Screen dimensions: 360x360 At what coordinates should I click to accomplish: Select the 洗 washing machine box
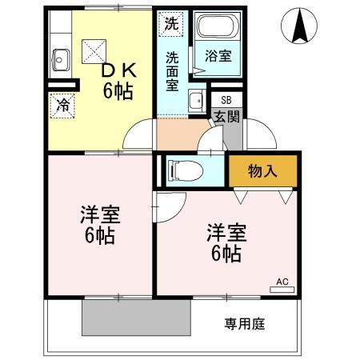click(170, 24)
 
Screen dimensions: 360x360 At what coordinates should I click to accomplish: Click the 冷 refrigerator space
click(62, 103)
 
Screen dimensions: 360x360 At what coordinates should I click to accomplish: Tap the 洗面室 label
click(173, 70)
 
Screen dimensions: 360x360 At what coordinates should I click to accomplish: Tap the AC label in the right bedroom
click(282, 282)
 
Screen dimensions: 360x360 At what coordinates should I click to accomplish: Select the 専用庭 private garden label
click(244, 325)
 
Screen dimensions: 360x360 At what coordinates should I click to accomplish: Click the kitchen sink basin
click(62, 58)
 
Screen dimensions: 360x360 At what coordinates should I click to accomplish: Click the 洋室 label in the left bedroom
click(99, 215)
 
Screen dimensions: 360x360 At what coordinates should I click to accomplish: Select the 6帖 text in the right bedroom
click(226, 254)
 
